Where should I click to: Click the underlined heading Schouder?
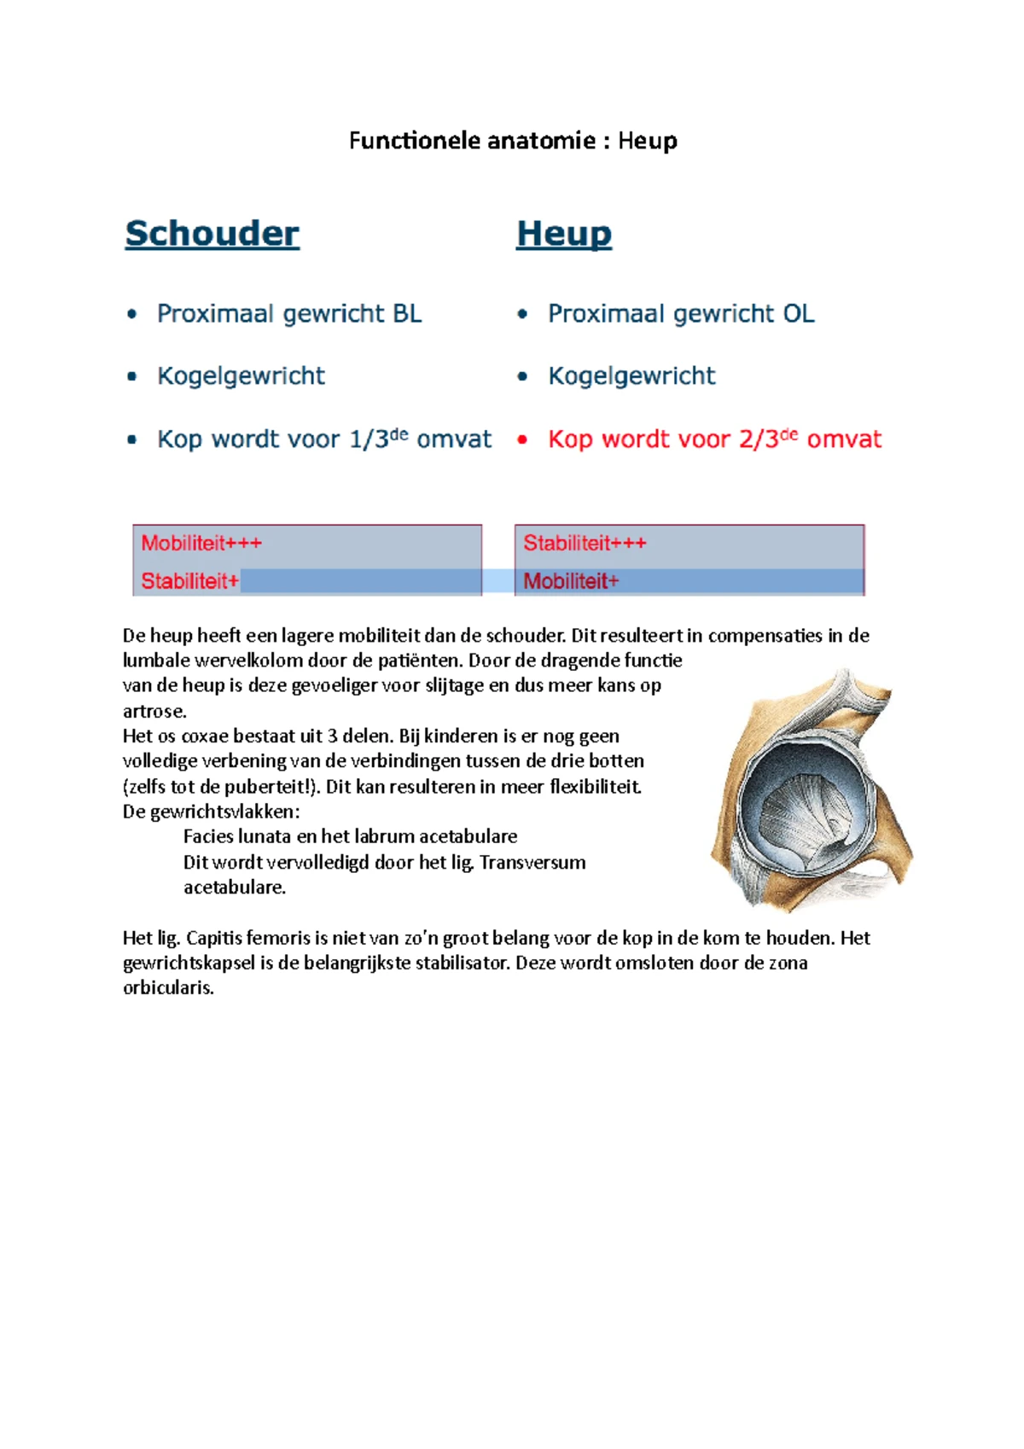click(x=212, y=234)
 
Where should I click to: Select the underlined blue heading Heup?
click(x=563, y=234)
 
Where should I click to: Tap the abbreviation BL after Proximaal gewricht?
click(x=407, y=314)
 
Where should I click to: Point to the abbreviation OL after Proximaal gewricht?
click(x=799, y=314)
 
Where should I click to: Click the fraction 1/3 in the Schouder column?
click(x=369, y=439)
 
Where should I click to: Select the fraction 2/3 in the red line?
click(x=759, y=439)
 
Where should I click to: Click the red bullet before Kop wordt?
click(x=522, y=440)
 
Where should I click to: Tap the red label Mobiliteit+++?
click(x=201, y=544)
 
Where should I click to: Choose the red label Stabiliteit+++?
click(x=585, y=544)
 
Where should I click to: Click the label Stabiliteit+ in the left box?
click(x=189, y=582)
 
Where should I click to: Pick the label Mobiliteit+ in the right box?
click(x=571, y=582)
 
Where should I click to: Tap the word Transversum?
click(x=532, y=862)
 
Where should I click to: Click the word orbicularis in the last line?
click(x=167, y=988)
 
